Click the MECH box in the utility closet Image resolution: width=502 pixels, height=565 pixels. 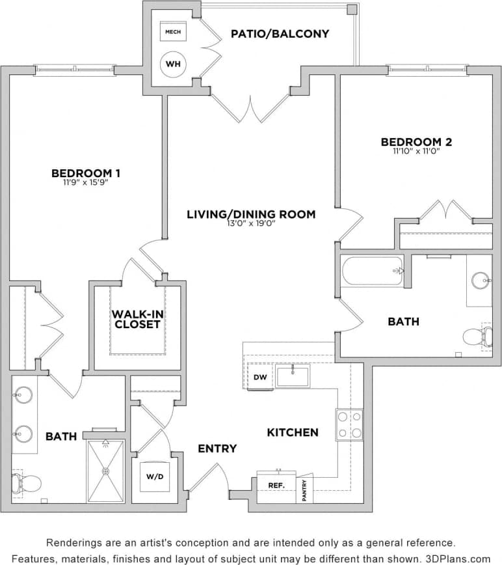[173, 31]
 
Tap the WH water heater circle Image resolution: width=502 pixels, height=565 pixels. [173, 64]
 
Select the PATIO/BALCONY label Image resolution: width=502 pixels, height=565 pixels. [280, 33]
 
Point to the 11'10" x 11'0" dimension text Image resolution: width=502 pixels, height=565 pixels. [416, 151]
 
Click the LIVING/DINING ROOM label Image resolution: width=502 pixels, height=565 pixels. [251, 214]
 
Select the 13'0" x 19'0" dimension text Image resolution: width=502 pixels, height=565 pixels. [251, 223]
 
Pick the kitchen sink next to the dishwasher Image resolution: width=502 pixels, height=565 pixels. [292, 376]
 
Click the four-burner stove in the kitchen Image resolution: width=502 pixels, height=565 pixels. [349, 424]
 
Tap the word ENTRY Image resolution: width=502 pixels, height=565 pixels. [217, 448]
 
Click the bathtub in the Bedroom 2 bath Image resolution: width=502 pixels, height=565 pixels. [373, 270]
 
